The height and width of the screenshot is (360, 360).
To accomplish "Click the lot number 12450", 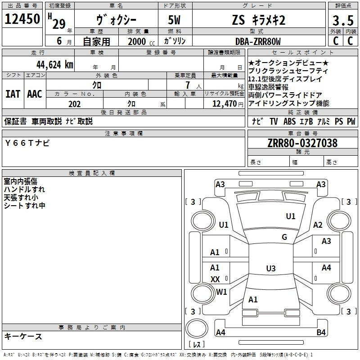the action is (x=22, y=19).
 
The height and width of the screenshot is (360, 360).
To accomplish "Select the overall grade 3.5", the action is (x=343, y=20).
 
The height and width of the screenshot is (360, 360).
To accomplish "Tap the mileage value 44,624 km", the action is (x=55, y=65).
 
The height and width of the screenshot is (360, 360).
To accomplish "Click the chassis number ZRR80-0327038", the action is (x=302, y=143).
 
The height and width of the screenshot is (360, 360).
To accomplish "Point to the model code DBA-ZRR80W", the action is (x=258, y=41).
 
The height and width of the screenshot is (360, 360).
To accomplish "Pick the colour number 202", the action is (x=74, y=104).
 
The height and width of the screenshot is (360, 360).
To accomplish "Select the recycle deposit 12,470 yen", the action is (x=228, y=104).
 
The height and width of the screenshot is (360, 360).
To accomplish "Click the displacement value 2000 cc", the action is (x=141, y=41).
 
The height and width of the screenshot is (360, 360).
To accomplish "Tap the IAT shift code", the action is (x=13, y=94).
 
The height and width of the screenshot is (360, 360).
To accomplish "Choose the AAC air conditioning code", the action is (x=35, y=94).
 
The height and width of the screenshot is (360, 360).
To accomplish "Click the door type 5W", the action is (x=174, y=20).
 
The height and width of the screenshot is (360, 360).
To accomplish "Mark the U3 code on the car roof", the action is (x=271, y=268).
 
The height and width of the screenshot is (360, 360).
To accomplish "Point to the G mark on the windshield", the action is (x=284, y=237).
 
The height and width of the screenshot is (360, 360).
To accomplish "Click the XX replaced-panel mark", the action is (x=215, y=279).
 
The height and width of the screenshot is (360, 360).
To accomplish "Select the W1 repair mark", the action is (x=221, y=292).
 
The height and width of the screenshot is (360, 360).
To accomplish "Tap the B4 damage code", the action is (x=321, y=332).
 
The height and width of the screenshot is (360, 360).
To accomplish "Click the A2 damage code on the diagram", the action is (x=318, y=225).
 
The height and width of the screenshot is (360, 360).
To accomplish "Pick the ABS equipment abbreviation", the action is (x=289, y=121).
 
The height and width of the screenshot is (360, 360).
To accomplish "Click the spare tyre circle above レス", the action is (x=197, y=329).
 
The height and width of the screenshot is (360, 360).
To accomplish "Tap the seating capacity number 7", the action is (x=188, y=85).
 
